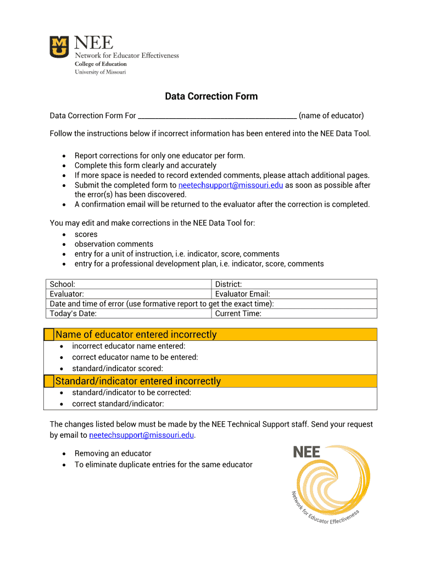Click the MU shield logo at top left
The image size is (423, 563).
click(x=59, y=47)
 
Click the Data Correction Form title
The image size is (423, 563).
click(x=211, y=96)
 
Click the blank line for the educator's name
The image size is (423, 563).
click(x=217, y=116)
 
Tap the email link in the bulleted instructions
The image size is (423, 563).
click(x=231, y=185)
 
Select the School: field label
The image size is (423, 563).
click(x=63, y=284)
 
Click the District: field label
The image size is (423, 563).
click(x=229, y=284)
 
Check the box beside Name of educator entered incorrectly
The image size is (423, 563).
click(x=49, y=334)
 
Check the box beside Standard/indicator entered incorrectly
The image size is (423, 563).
click(x=49, y=381)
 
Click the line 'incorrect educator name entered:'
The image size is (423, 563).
click(x=129, y=346)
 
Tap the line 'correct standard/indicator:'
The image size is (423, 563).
click(x=118, y=404)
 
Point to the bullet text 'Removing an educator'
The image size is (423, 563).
click(x=113, y=454)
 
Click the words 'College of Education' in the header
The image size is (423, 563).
click(x=101, y=64)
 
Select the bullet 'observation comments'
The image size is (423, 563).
click(x=114, y=244)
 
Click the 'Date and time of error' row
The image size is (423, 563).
click(x=162, y=304)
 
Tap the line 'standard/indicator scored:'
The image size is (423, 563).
click(x=118, y=368)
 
